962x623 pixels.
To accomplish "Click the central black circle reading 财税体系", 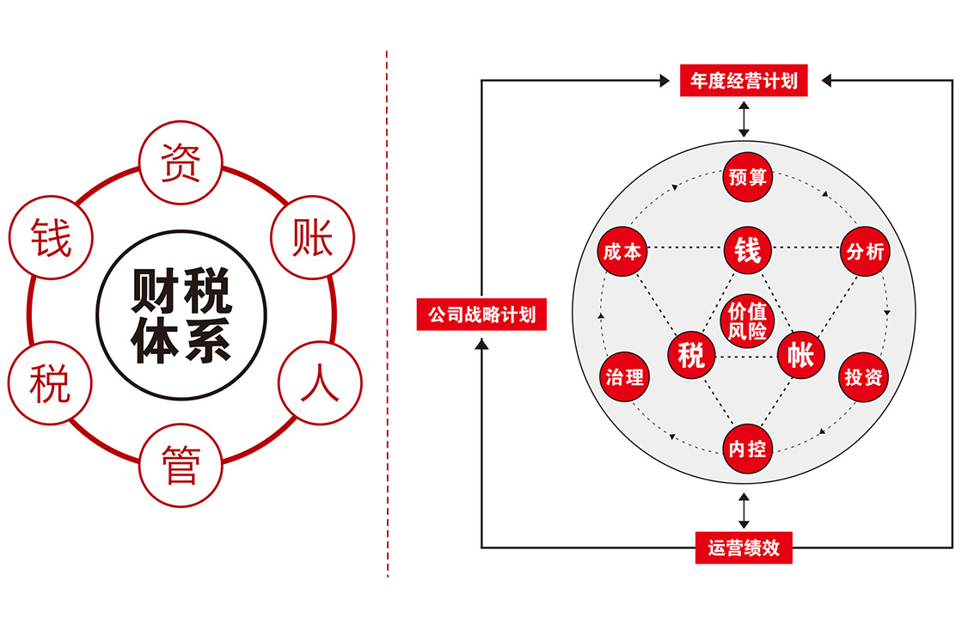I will click(181, 316).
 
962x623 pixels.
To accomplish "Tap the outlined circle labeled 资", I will click(181, 162).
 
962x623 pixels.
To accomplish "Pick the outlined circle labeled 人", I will click(318, 383).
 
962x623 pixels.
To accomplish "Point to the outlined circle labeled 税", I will click(49, 384).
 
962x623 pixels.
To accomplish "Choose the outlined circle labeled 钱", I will click(50, 238).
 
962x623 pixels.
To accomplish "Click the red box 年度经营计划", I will click(744, 81).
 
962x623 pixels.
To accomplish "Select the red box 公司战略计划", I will click(481, 315).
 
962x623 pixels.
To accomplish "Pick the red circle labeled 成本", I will click(622, 252).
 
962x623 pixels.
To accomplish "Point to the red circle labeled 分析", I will click(865, 252).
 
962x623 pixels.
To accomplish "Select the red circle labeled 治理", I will click(625, 376).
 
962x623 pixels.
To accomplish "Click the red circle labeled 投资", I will click(863, 376).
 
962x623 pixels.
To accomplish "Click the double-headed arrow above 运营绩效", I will click(744, 511).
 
